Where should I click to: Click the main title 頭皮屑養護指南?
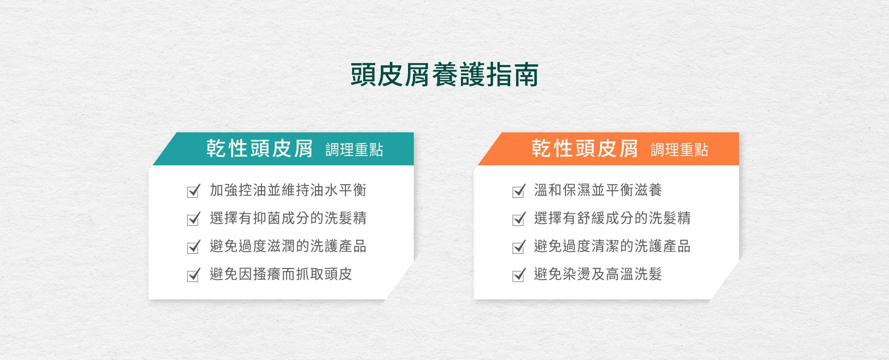point(444,75)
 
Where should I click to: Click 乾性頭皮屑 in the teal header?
point(260,148)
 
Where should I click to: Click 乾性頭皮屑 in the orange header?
point(585,148)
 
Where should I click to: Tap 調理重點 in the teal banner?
point(354,150)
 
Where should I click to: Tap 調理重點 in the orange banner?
point(679,150)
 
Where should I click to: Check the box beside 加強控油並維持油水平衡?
point(194,191)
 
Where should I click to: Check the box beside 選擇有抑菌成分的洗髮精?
point(194,219)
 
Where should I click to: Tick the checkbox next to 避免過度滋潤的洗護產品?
point(194,247)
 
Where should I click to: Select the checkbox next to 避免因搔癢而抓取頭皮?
point(194,275)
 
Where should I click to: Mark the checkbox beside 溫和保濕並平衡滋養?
point(519,191)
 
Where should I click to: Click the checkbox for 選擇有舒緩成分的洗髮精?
point(519,219)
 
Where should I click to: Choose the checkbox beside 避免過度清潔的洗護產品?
point(519,247)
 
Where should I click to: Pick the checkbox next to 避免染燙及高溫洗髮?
point(519,275)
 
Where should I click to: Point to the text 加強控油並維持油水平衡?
point(288,190)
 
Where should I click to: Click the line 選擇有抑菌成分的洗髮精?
point(288,218)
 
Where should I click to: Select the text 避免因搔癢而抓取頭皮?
point(281,274)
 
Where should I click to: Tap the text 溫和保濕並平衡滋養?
point(598,190)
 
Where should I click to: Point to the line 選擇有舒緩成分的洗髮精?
point(612,218)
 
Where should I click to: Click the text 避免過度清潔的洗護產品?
point(612,246)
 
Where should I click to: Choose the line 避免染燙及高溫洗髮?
point(598,274)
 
